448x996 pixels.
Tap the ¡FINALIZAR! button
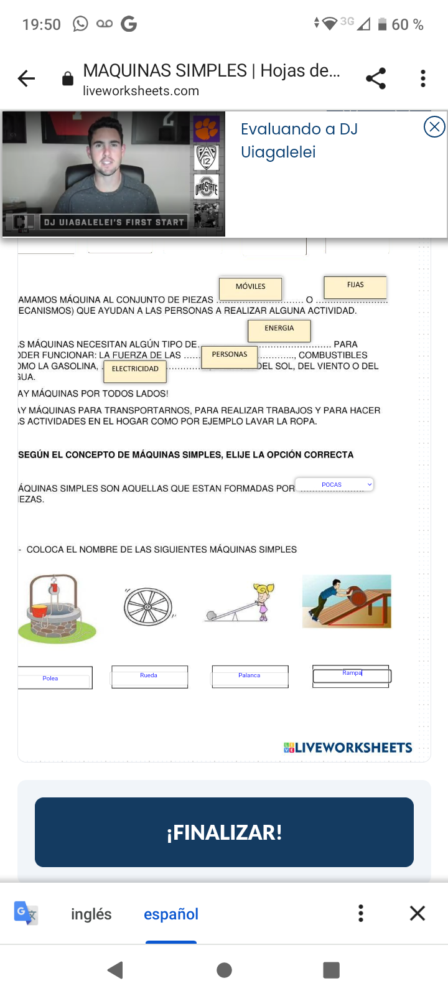[x=224, y=832]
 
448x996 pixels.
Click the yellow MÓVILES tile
[x=251, y=288]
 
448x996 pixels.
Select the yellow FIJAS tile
[x=355, y=286]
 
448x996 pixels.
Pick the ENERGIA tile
[x=279, y=330]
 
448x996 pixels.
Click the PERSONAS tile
[x=230, y=355]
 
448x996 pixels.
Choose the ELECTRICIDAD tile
[x=135, y=370]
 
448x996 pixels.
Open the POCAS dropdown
[x=335, y=484]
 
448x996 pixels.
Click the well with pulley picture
[x=57, y=608]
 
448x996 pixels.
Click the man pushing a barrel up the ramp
[x=347, y=601]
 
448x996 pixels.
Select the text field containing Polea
[x=55, y=678]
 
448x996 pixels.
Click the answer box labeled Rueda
[x=149, y=677]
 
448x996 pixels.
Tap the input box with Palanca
[x=250, y=677]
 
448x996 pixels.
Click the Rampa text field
[x=352, y=675]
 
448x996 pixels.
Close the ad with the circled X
[x=434, y=127]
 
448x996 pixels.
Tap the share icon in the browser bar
[x=376, y=78]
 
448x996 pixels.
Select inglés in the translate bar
[x=91, y=914]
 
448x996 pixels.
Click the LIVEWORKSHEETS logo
[x=348, y=748]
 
